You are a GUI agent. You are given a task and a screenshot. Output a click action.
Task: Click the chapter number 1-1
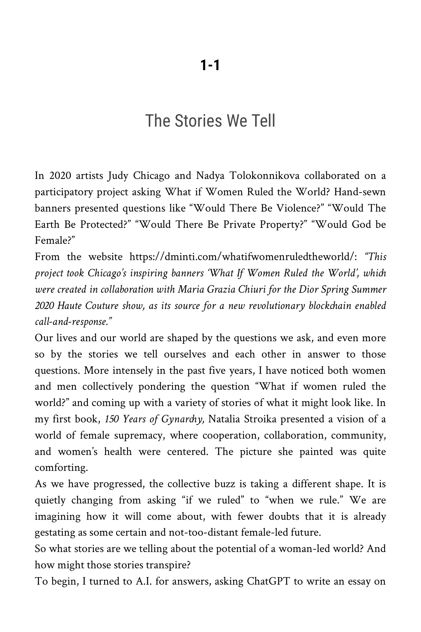210,66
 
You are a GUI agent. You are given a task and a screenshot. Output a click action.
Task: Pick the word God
361,224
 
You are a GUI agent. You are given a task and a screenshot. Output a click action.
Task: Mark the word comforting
61,468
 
